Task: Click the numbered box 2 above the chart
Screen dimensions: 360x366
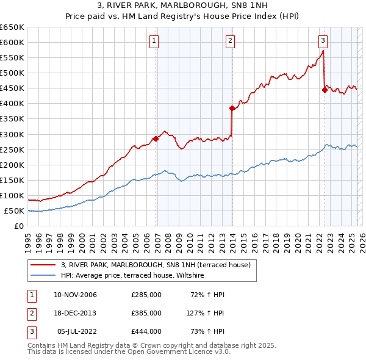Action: pyautogui.click(x=230, y=41)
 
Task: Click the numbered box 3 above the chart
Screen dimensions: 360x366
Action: pyautogui.click(x=323, y=41)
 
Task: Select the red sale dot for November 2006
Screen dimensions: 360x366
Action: pyautogui.click(x=156, y=139)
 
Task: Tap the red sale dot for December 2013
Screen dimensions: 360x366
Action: pyautogui.click(x=232, y=108)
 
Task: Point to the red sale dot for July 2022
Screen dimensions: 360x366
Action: pyautogui.click(x=325, y=90)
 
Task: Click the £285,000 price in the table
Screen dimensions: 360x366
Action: pyautogui.click(x=146, y=295)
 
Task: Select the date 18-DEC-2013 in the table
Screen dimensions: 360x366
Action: pyautogui.click(x=76, y=313)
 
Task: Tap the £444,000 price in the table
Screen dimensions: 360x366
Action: pyautogui.click(x=146, y=331)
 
